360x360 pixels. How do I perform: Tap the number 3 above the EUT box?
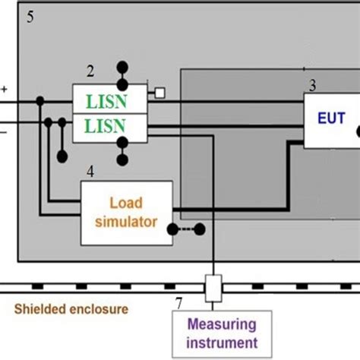(x=313, y=84)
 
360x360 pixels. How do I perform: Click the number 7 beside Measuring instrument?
(x=178, y=304)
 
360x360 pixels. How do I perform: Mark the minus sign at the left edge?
(x=5, y=131)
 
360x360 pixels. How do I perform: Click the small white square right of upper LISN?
(x=159, y=93)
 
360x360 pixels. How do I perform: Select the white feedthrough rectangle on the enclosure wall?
(x=213, y=287)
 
